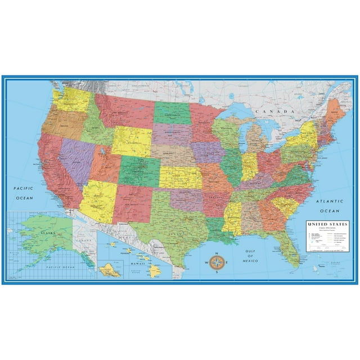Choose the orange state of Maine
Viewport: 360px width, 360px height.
tap(335, 110)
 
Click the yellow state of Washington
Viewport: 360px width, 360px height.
tap(71, 100)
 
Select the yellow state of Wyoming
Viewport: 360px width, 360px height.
tap(131, 141)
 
